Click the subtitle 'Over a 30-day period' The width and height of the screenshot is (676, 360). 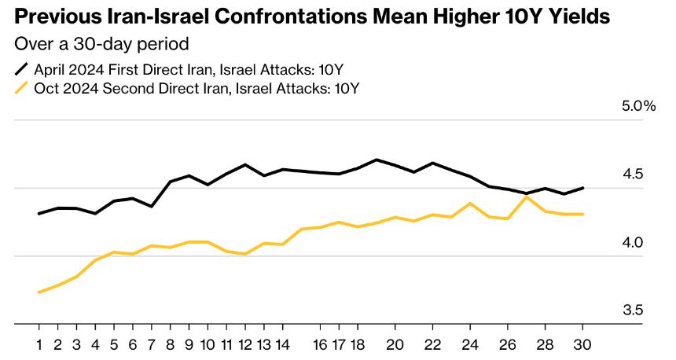pyautogui.click(x=101, y=43)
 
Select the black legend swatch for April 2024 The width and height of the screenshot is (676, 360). pyautogui.click(x=22, y=68)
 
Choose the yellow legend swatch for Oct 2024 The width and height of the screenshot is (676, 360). pyautogui.click(x=22, y=87)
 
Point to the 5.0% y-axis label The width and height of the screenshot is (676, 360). pyautogui.click(x=638, y=106)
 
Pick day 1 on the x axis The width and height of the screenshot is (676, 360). pyautogui.click(x=39, y=344)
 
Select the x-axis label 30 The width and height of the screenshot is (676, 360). pyautogui.click(x=582, y=344)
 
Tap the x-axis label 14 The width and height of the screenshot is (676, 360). pyautogui.click(x=282, y=344)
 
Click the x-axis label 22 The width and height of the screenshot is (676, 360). pyautogui.click(x=432, y=344)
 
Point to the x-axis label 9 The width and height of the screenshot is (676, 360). pyautogui.click(x=189, y=344)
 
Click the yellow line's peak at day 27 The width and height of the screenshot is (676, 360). pyautogui.click(x=527, y=197)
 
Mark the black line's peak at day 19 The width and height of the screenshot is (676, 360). pyautogui.click(x=377, y=160)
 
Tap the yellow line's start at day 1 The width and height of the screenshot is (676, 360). pyautogui.click(x=39, y=292)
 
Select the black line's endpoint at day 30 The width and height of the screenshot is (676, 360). pyautogui.click(x=582, y=188)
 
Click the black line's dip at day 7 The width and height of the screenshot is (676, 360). pyautogui.click(x=151, y=206)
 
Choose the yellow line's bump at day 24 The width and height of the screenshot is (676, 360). pyautogui.click(x=470, y=204)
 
